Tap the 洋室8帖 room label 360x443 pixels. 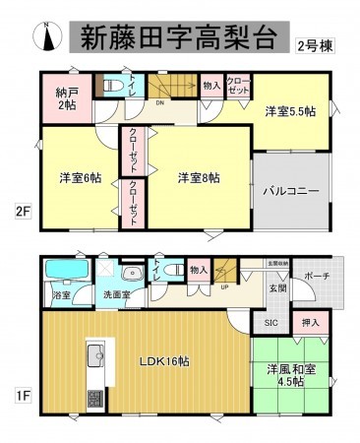pyautogui.click(x=198, y=177)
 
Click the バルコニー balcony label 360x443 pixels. pyautogui.click(x=289, y=191)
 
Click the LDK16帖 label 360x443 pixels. pyautogui.click(x=163, y=360)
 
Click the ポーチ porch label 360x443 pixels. pyautogui.click(x=317, y=277)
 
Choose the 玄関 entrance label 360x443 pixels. pyautogui.click(x=277, y=288)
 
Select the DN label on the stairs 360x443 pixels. pyautogui.click(x=157, y=98)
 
